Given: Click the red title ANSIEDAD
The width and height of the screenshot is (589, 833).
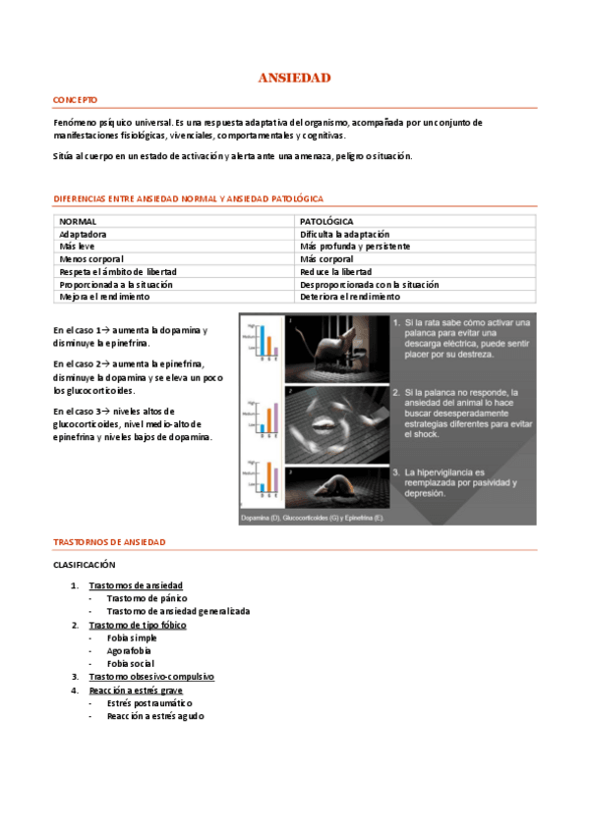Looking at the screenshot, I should tap(294, 77).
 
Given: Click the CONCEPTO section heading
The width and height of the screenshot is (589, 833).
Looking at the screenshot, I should tap(75, 100).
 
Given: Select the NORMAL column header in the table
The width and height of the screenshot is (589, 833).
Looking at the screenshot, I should tap(78, 222).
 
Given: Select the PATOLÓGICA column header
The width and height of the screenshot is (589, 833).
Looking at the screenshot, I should tap(326, 222).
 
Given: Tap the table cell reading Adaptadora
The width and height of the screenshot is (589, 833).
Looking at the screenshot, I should tap(83, 235).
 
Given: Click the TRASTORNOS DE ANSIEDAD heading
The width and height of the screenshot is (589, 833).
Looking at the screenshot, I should tap(109, 542).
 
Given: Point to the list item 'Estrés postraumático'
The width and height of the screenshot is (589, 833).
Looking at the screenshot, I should tap(149, 703).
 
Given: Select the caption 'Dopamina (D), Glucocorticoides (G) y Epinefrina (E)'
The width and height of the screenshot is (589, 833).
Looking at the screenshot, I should tap(313, 517).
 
